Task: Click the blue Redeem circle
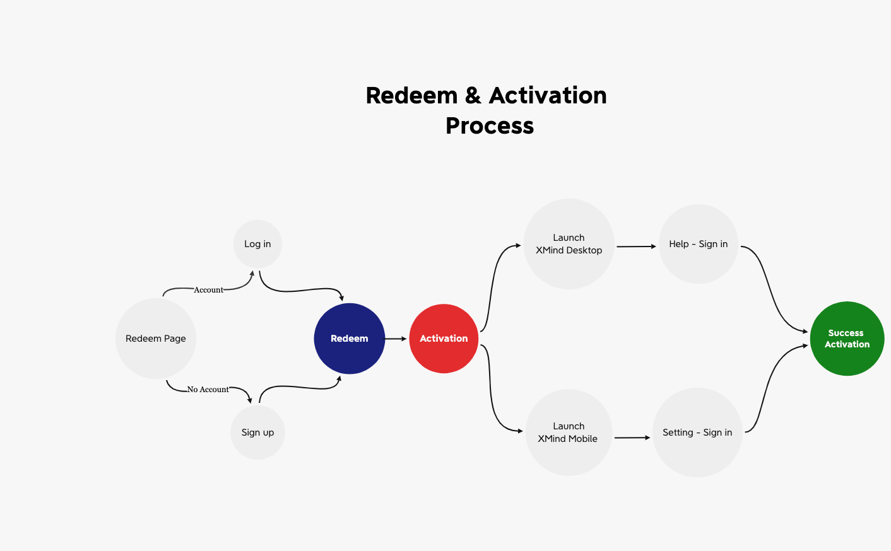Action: [x=349, y=339]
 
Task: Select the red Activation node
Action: [x=444, y=339]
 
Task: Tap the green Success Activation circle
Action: [x=847, y=339]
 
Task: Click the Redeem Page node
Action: [x=156, y=339]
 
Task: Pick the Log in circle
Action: [x=257, y=244]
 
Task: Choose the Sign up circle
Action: [x=257, y=432]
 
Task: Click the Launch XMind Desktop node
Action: [x=569, y=244]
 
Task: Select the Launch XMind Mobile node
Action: [x=568, y=432]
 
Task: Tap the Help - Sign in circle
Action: [x=698, y=244]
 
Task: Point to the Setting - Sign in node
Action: [x=697, y=432]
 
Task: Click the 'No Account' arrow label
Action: [x=208, y=390]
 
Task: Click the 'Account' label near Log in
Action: [x=208, y=290]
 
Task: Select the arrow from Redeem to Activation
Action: [x=396, y=339]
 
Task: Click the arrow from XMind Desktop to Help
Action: [x=636, y=246]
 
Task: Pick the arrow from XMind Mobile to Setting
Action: [x=632, y=438]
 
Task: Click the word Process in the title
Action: [x=490, y=126]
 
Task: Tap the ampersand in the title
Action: [x=473, y=96]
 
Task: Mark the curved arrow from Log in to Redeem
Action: [x=300, y=291]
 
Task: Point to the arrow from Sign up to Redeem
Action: [x=300, y=386]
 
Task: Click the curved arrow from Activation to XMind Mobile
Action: [x=492, y=391]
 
